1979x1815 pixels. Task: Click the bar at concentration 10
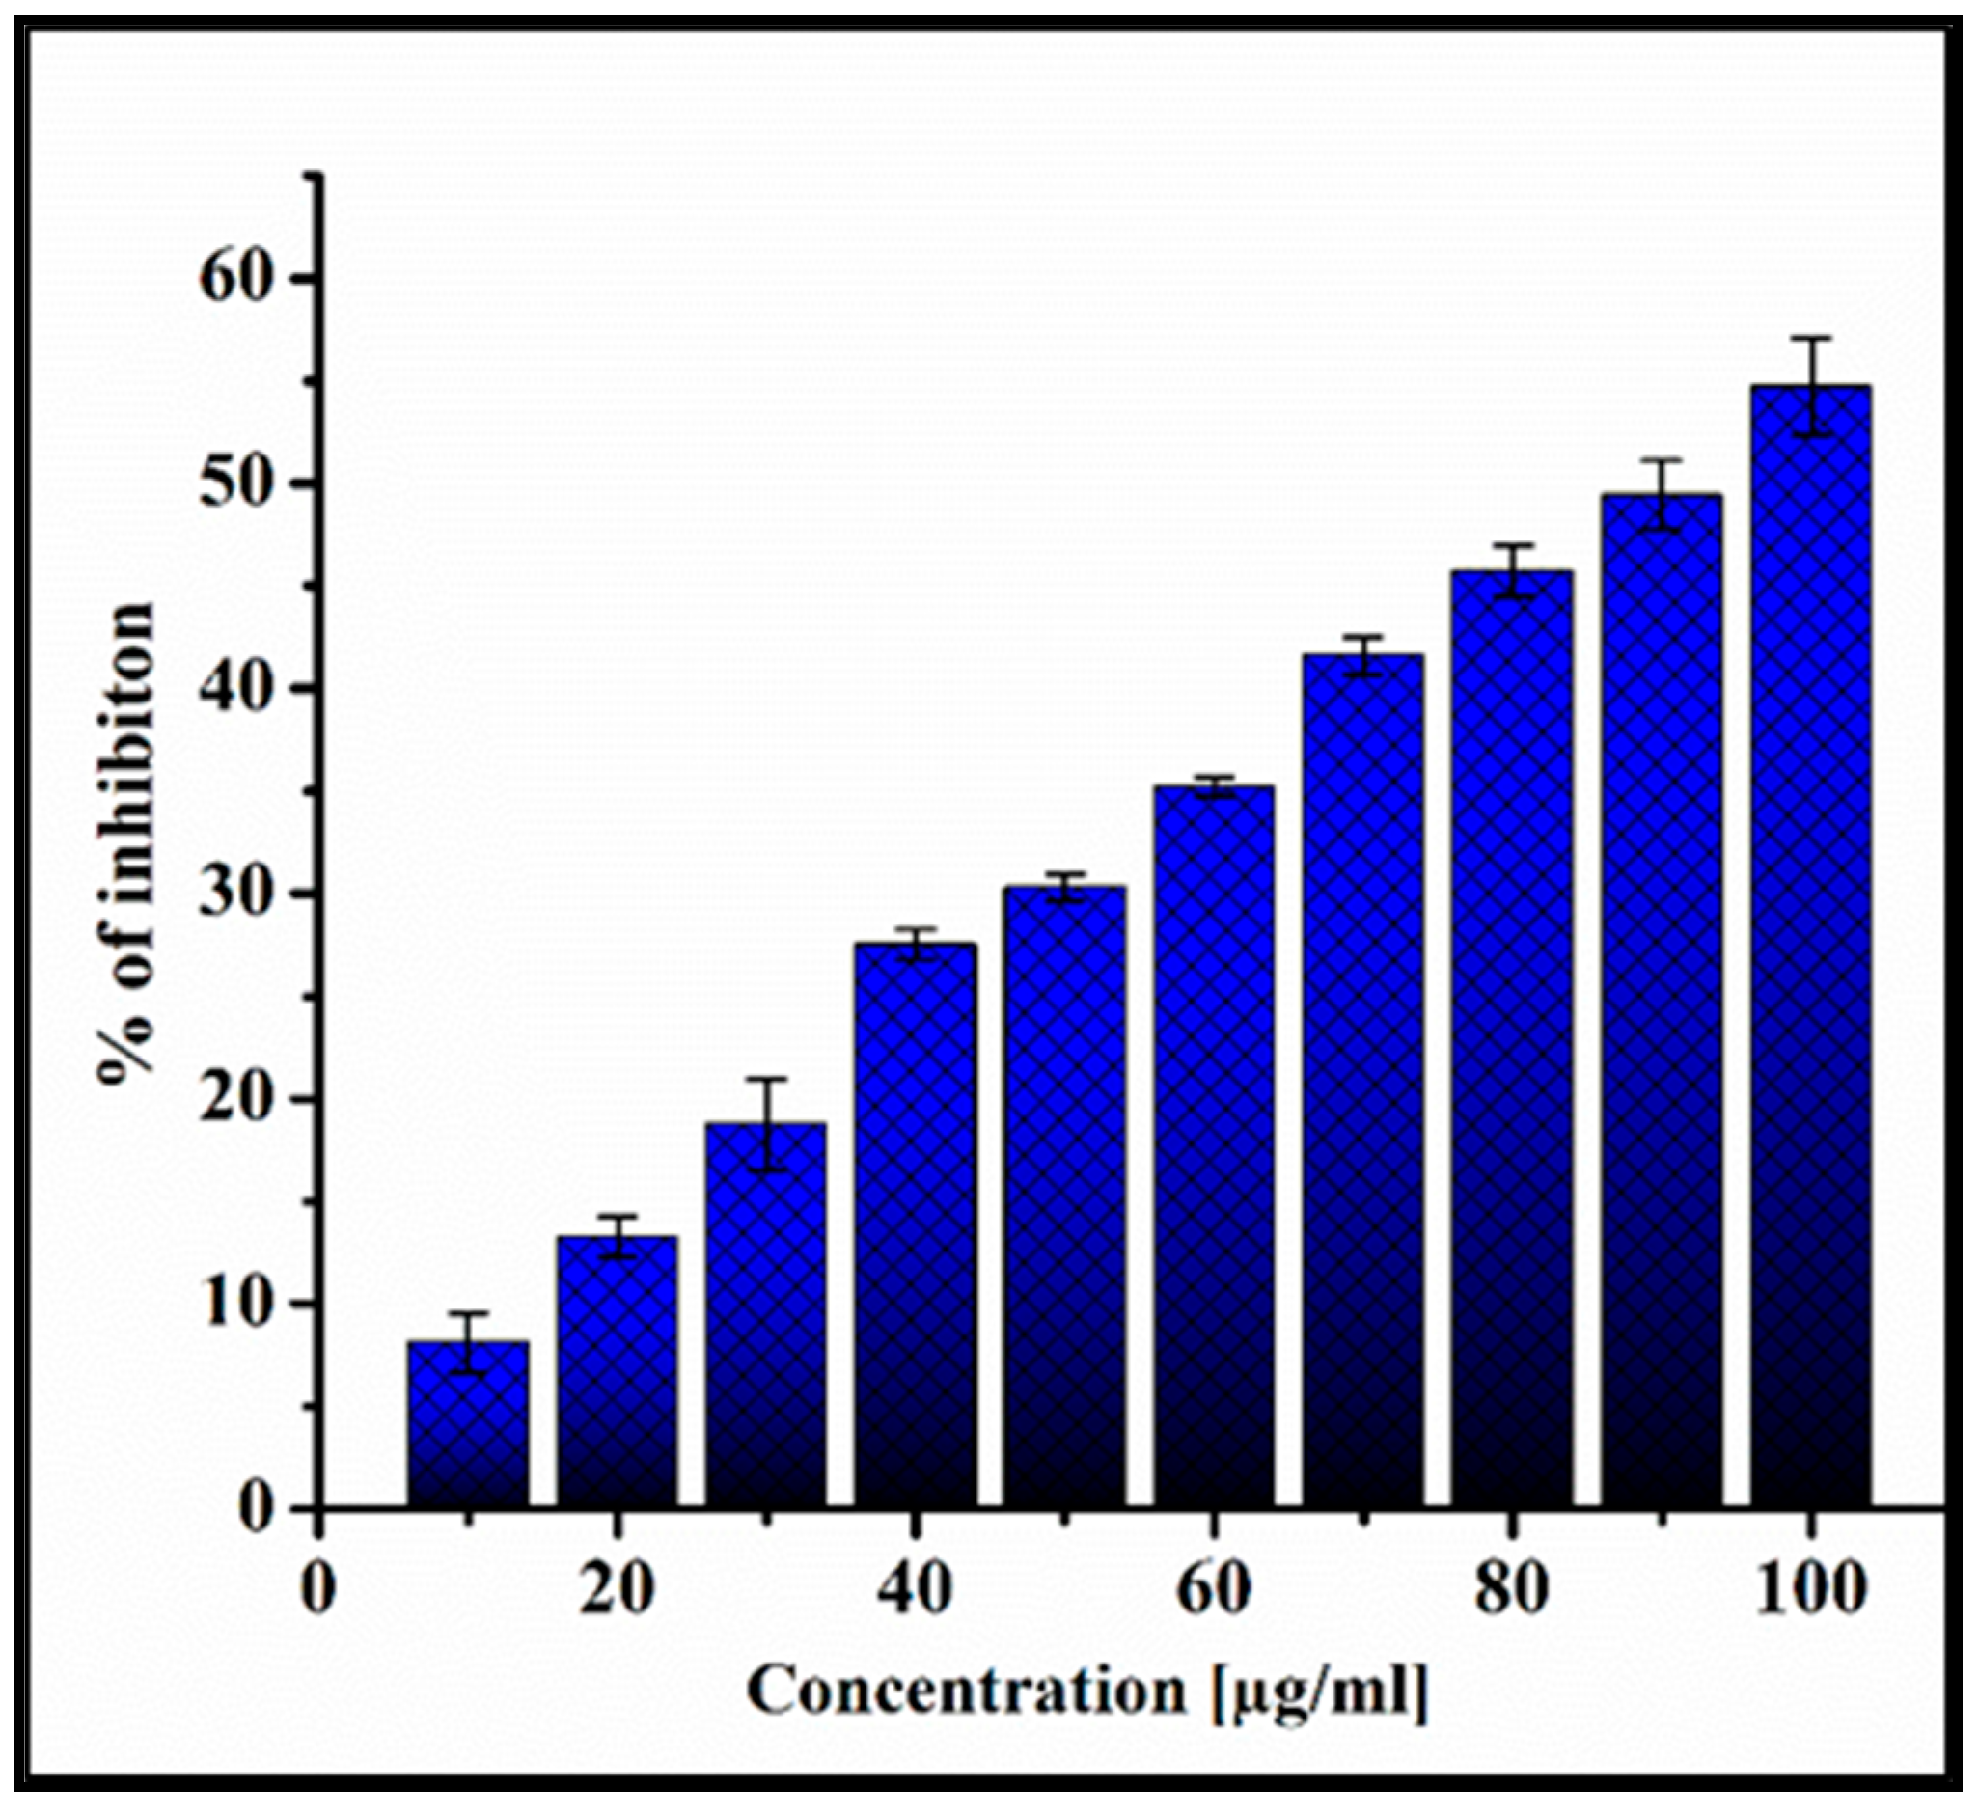coord(469,1423)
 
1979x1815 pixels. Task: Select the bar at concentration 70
coord(1363,1081)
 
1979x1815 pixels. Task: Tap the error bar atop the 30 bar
coord(766,1123)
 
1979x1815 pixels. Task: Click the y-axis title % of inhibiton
coord(127,844)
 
